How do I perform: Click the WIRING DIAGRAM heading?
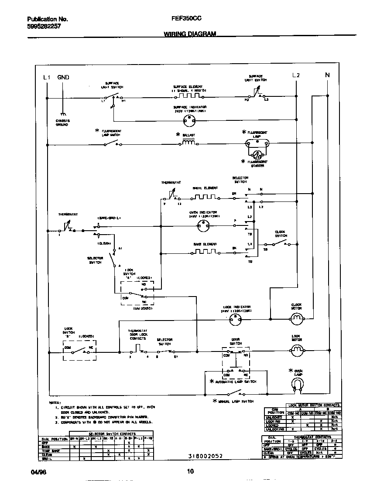click(x=190, y=34)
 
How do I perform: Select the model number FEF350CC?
click(x=186, y=19)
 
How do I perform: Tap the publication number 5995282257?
click(x=44, y=26)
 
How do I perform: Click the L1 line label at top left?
click(x=47, y=77)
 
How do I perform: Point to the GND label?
click(x=63, y=77)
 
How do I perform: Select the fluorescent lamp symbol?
click(x=257, y=142)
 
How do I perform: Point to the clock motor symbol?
click(x=297, y=320)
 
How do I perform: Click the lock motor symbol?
click(x=297, y=349)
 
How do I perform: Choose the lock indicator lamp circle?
click(x=236, y=320)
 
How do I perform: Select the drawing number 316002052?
click(x=206, y=456)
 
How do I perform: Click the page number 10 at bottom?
click(x=190, y=471)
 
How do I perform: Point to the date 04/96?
click(x=38, y=472)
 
